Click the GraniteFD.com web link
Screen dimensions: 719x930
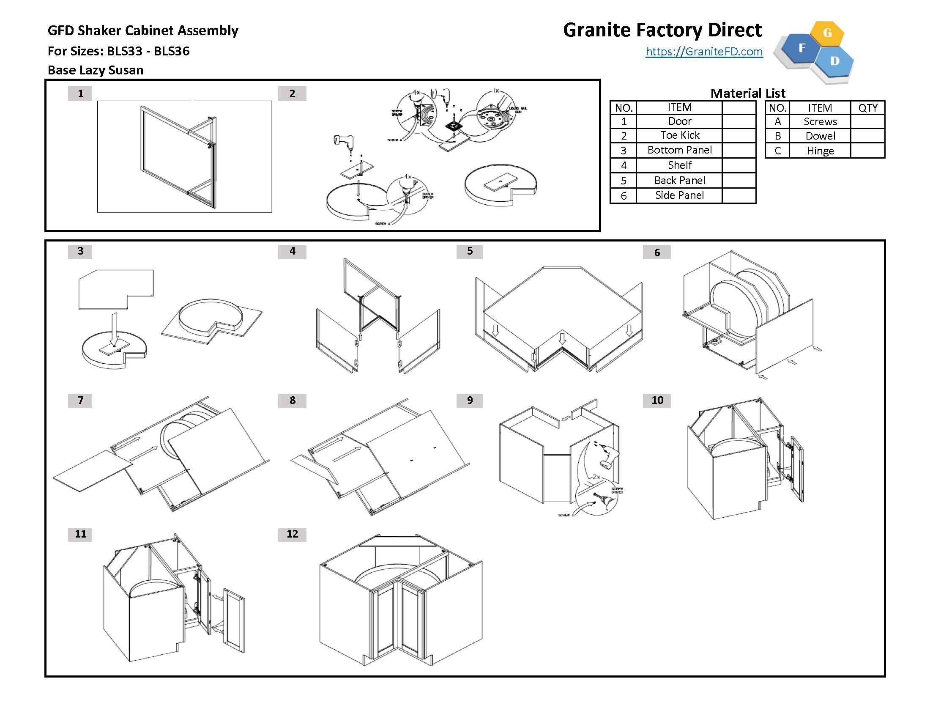click(x=704, y=52)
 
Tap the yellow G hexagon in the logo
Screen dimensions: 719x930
click(x=827, y=33)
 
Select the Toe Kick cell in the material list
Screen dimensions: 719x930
click(x=679, y=135)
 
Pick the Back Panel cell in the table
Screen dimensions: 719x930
click(x=679, y=180)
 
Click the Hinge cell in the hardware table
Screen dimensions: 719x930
click(x=820, y=151)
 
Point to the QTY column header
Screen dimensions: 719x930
click(x=867, y=108)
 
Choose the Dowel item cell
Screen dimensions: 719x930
click(x=820, y=136)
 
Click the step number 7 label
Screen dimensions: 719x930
click(x=80, y=401)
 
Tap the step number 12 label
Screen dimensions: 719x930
click(x=292, y=534)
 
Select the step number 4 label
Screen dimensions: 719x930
click(x=292, y=251)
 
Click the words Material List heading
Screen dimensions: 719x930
click(x=748, y=93)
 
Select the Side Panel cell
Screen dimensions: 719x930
click(x=679, y=195)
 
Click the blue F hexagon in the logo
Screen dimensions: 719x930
click(x=801, y=48)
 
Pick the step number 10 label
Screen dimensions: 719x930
click(x=656, y=401)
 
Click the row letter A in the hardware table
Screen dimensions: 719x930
click(x=777, y=122)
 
